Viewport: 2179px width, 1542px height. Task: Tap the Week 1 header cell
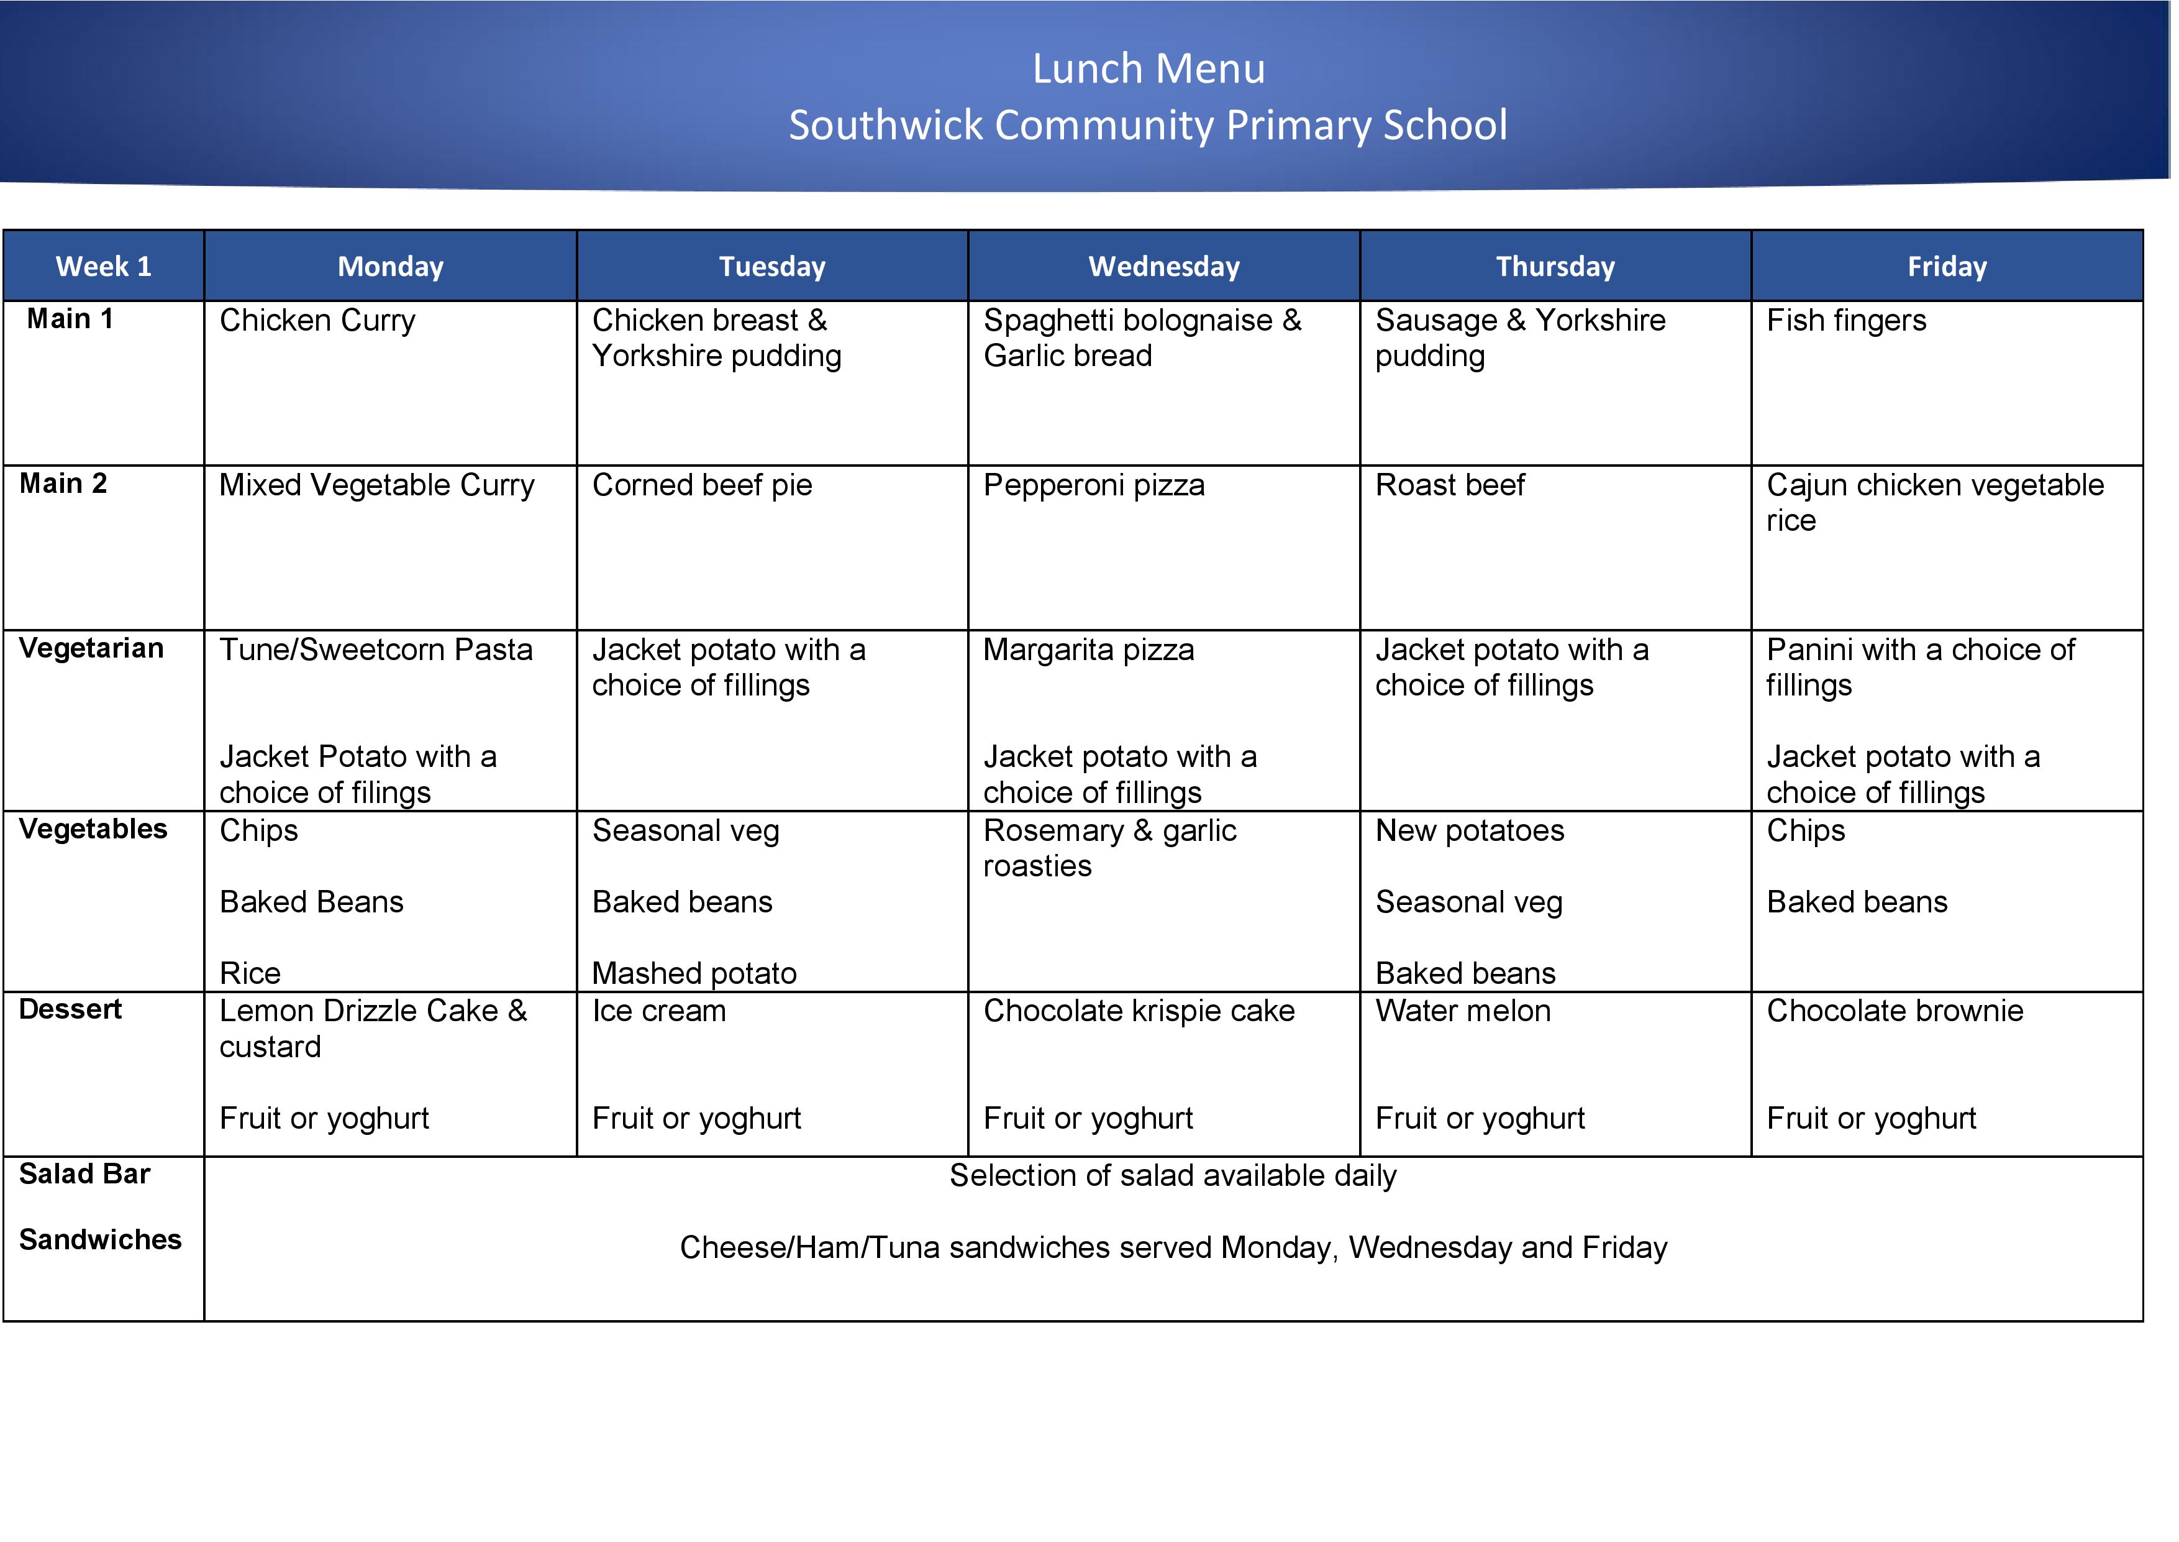pos(104,267)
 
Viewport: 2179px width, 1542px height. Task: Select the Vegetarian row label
pos(91,648)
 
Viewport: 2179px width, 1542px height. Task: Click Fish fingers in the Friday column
pos(1846,321)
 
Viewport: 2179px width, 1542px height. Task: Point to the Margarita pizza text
pos(1088,650)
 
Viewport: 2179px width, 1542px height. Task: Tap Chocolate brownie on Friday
pos(1895,1011)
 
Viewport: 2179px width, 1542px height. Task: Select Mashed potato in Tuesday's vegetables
pos(694,973)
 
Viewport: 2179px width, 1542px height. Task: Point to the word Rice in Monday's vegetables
pos(250,973)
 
